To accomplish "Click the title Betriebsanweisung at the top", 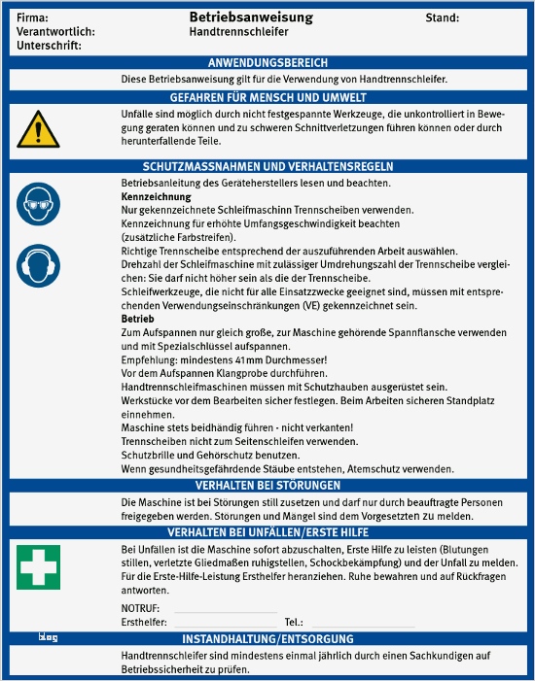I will (251, 17).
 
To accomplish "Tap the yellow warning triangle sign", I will (37, 127).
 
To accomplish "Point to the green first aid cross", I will (37, 566).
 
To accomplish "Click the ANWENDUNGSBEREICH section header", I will (267, 62).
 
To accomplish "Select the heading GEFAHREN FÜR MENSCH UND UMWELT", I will (267, 97).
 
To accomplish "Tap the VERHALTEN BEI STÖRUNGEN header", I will (267, 485).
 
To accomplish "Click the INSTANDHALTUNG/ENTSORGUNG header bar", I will (267, 639).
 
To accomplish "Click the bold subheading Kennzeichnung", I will (149, 196).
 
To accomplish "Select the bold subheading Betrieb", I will (136, 319).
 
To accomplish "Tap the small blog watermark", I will (49, 637).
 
